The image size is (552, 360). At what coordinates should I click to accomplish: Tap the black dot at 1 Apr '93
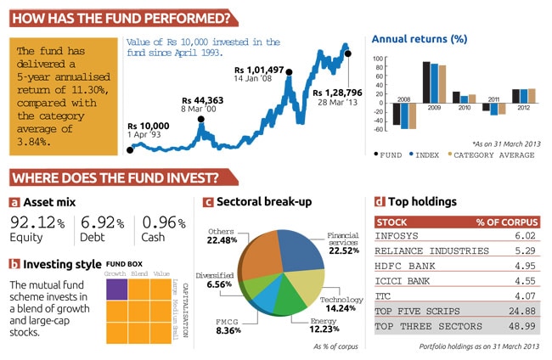click(x=130, y=149)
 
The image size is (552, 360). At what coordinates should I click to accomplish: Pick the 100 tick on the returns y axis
click(x=380, y=59)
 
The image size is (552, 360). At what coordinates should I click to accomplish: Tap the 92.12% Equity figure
click(x=37, y=223)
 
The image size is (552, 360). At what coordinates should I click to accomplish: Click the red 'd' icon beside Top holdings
click(x=379, y=202)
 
